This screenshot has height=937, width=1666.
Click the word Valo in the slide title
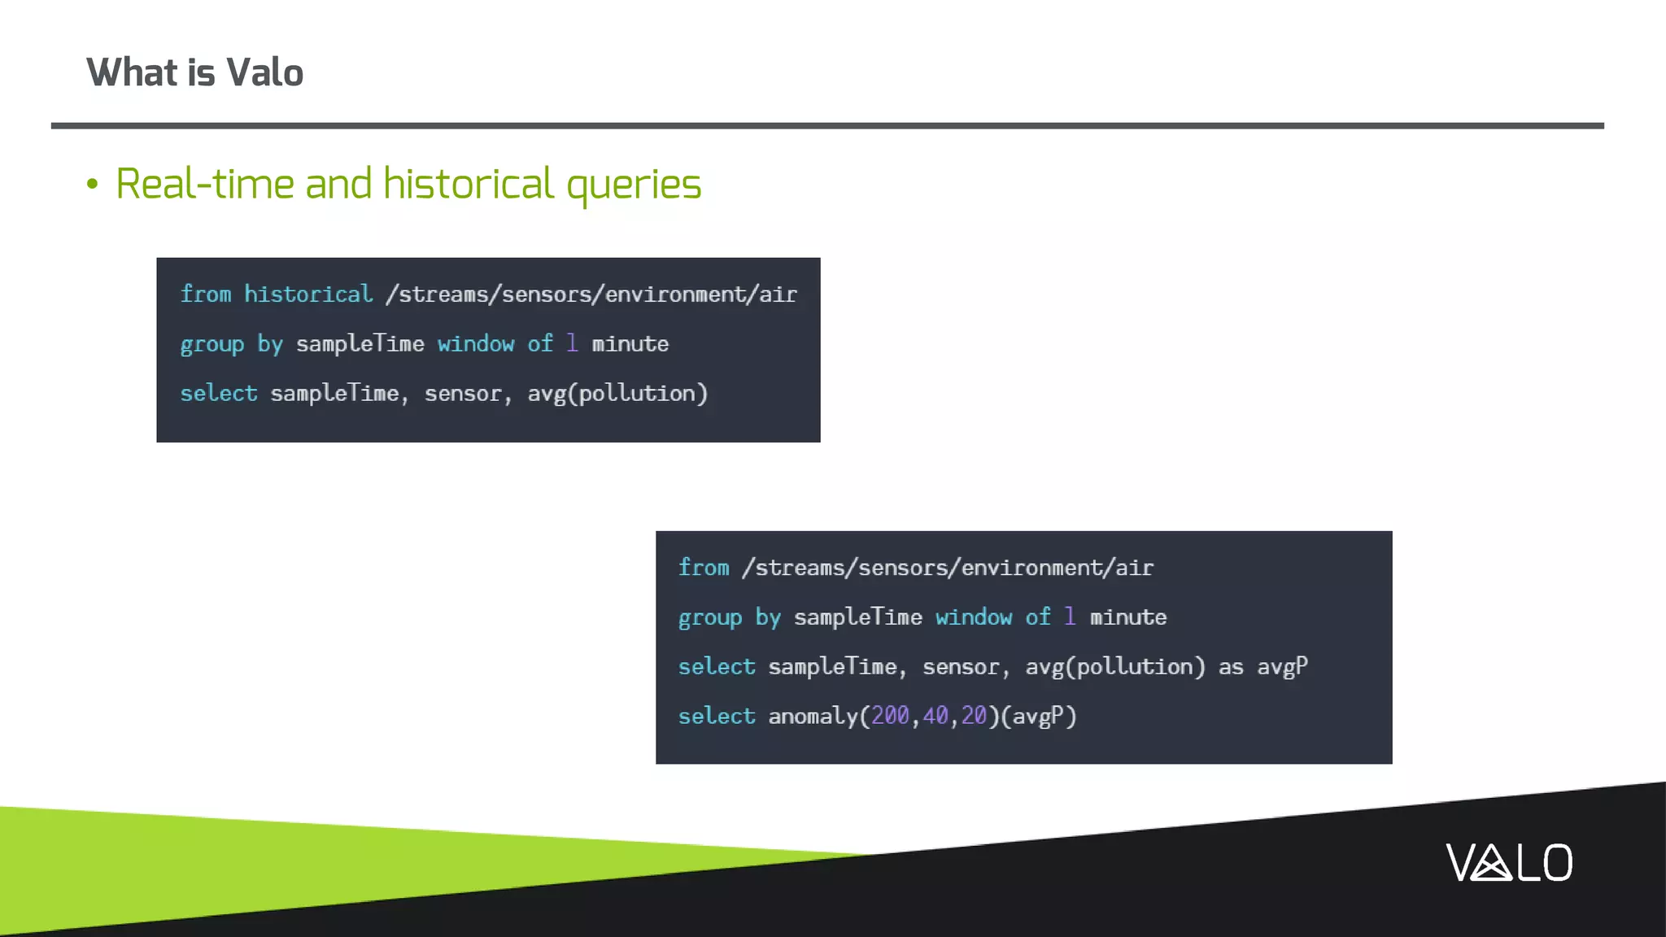[264, 72]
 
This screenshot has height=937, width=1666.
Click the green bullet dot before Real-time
[92, 185]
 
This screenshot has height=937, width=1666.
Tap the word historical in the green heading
[469, 184]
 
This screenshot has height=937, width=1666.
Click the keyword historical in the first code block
[308, 294]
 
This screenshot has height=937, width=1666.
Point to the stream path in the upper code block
[591, 294]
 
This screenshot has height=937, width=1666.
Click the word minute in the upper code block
[630, 344]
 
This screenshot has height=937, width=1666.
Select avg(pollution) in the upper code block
[617, 394]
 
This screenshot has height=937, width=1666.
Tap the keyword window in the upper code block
[476, 344]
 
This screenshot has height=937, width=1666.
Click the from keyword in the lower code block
[704, 568]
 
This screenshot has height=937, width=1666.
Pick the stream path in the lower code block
[948, 568]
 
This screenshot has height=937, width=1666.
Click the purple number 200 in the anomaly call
[890, 716]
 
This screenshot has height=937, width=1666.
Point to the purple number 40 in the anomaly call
[935, 716]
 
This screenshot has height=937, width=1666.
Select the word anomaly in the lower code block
[813, 716]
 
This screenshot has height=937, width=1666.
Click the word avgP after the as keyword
[1282, 667]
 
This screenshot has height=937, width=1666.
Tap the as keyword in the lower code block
[1231, 667]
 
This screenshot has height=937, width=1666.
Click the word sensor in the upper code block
[463, 394]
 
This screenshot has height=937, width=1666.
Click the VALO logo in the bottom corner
[1509, 862]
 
